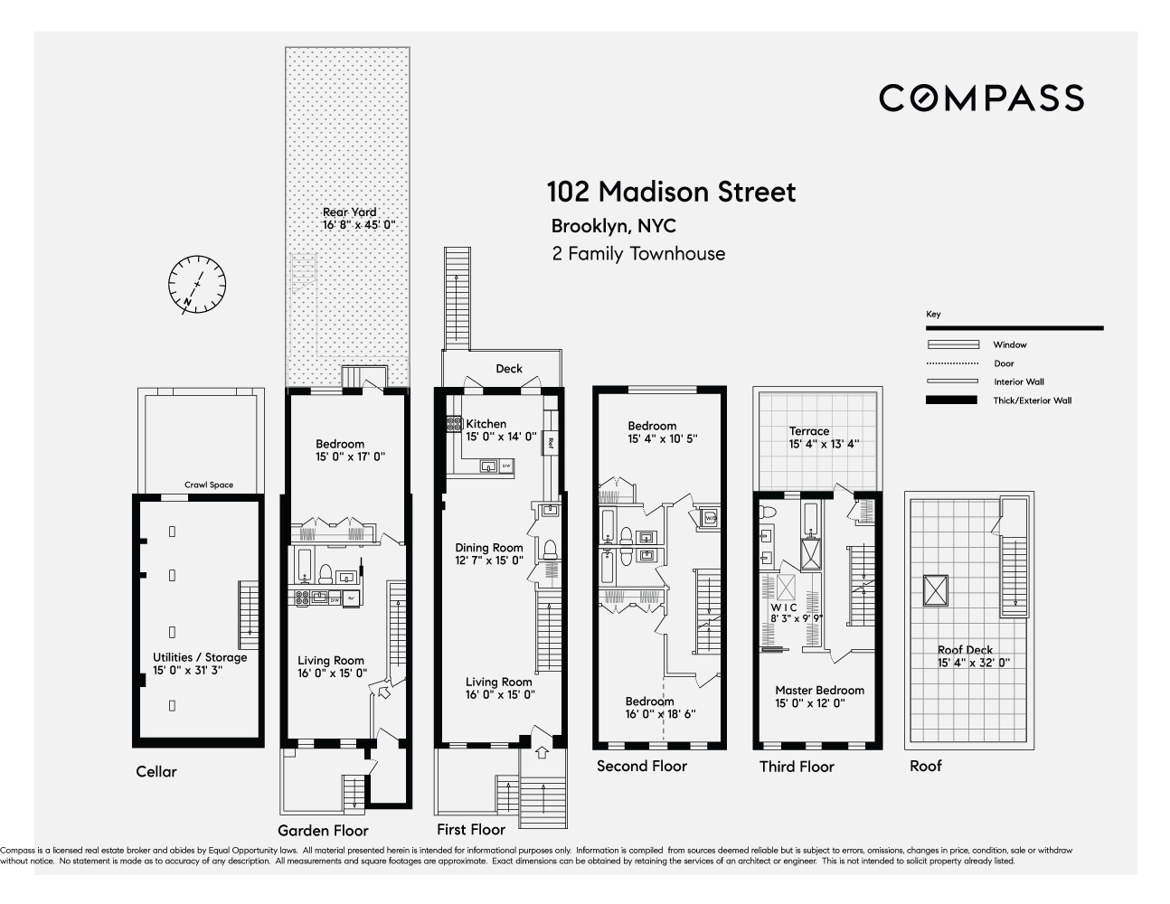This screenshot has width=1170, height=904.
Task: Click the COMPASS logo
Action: pos(981,98)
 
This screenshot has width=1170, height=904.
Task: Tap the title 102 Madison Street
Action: pos(671,192)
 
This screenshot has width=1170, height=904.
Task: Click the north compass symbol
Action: pos(197,285)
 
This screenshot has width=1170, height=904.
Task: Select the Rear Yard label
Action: pos(350,212)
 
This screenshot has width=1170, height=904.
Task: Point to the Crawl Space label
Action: pos(209,485)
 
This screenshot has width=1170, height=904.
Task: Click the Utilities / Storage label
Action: pos(200,657)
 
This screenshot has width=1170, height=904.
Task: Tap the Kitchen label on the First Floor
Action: pos(486,424)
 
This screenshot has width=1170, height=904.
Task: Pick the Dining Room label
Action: pos(489,548)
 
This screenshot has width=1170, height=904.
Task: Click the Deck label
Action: pos(509,369)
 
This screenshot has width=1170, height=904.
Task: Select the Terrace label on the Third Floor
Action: pos(809,431)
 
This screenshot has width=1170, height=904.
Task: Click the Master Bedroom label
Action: pos(819,690)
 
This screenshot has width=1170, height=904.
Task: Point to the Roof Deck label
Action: pos(966,650)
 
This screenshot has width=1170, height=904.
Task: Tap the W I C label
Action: pos(783,607)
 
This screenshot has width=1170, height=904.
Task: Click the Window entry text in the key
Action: pos(1009,344)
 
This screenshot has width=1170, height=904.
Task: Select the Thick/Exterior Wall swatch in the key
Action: pos(952,400)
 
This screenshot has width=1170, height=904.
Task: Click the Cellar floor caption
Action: pos(156,771)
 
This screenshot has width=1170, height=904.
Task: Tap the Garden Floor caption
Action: pos(323,830)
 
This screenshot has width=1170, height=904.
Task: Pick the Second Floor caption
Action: pos(642,766)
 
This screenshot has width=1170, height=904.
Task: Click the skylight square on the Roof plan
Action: pos(935,592)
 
